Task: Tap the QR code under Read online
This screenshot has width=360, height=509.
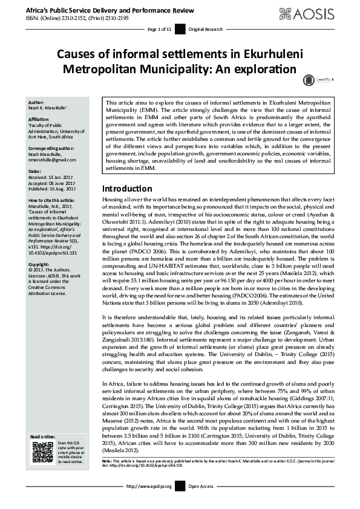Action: (42, 452)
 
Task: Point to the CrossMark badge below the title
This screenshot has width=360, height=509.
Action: (309, 79)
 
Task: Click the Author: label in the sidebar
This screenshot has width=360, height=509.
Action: (36, 102)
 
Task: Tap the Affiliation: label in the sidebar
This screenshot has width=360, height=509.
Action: (39, 120)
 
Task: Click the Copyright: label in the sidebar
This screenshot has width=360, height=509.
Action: (39, 264)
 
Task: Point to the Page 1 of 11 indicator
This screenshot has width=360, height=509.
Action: (160, 29)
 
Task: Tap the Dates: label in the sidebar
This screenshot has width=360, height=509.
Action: (35, 172)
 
